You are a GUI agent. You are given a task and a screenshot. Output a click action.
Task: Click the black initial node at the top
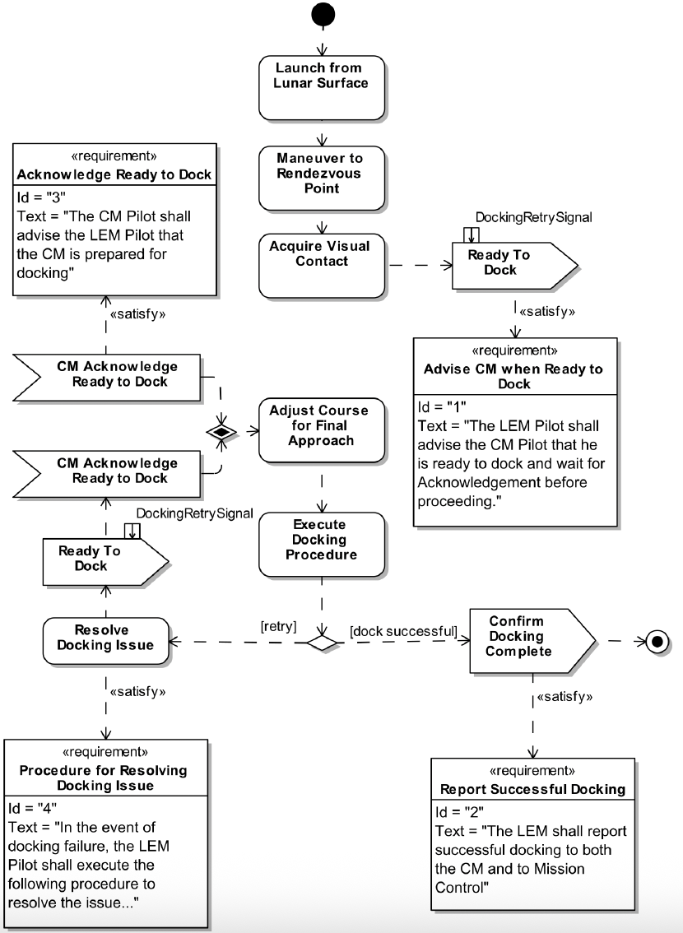pos(322,14)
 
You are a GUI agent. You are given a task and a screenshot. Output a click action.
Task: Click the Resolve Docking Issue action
pos(105,638)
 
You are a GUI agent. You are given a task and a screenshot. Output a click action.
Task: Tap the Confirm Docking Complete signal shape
pos(527,637)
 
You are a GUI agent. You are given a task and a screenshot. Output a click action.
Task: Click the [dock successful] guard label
pos(403,631)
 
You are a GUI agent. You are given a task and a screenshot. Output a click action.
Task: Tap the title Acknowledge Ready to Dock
pos(114,174)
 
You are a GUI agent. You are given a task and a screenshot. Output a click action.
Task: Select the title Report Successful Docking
pos(532,789)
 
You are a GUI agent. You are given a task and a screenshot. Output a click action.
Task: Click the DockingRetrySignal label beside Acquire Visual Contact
pos(533,217)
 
